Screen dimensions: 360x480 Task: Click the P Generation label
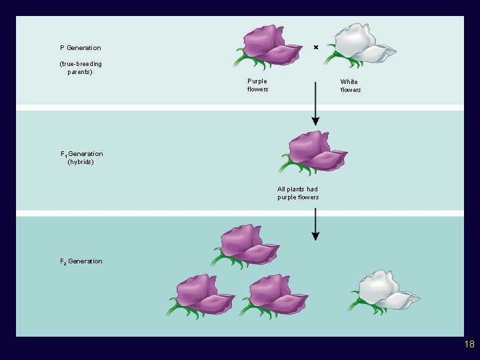[81, 48]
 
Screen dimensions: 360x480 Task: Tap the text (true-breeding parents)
[81, 68]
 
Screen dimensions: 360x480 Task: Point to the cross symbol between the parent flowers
[316, 47]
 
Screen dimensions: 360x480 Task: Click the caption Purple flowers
[257, 85]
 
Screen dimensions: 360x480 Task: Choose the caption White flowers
[350, 86]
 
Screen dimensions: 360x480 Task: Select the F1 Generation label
[82, 154]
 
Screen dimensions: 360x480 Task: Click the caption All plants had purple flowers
[298, 193]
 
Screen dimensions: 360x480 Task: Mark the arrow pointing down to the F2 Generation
[315, 225]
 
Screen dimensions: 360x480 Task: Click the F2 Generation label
[81, 261]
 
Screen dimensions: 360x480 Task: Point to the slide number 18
[469, 345]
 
